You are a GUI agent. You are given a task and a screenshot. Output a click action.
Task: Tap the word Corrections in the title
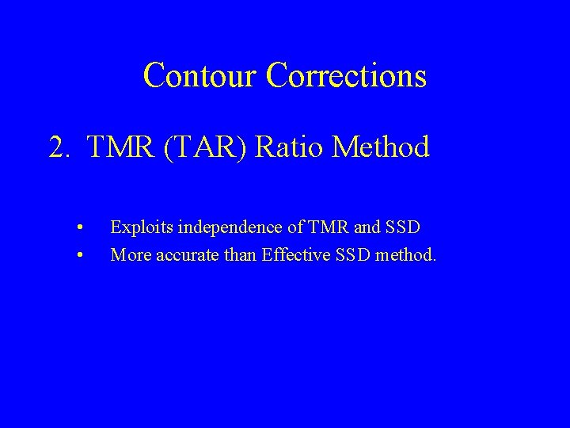click(x=347, y=76)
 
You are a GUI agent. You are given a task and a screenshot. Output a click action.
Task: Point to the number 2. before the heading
click(x=60, y=147)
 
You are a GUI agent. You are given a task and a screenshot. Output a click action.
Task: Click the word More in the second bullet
click(x=127, y=255)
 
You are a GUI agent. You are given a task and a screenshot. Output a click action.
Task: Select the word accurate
click(x=178, y=255)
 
